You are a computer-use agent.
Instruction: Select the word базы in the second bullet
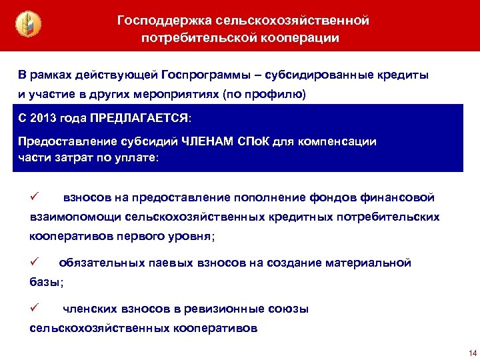45,283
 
